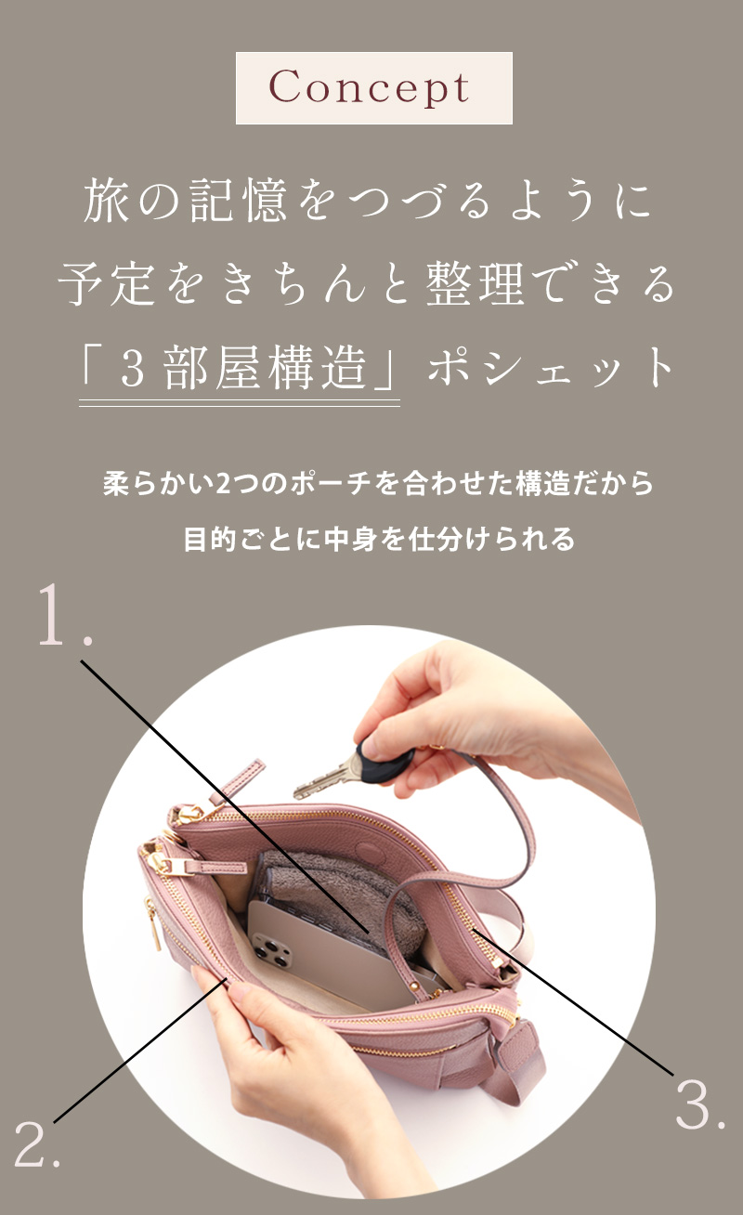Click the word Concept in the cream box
[x=369, y=88]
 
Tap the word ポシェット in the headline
[x=551, y=368]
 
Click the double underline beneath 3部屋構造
[x=240, y=402]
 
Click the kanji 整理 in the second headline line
[x=475, y=283]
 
